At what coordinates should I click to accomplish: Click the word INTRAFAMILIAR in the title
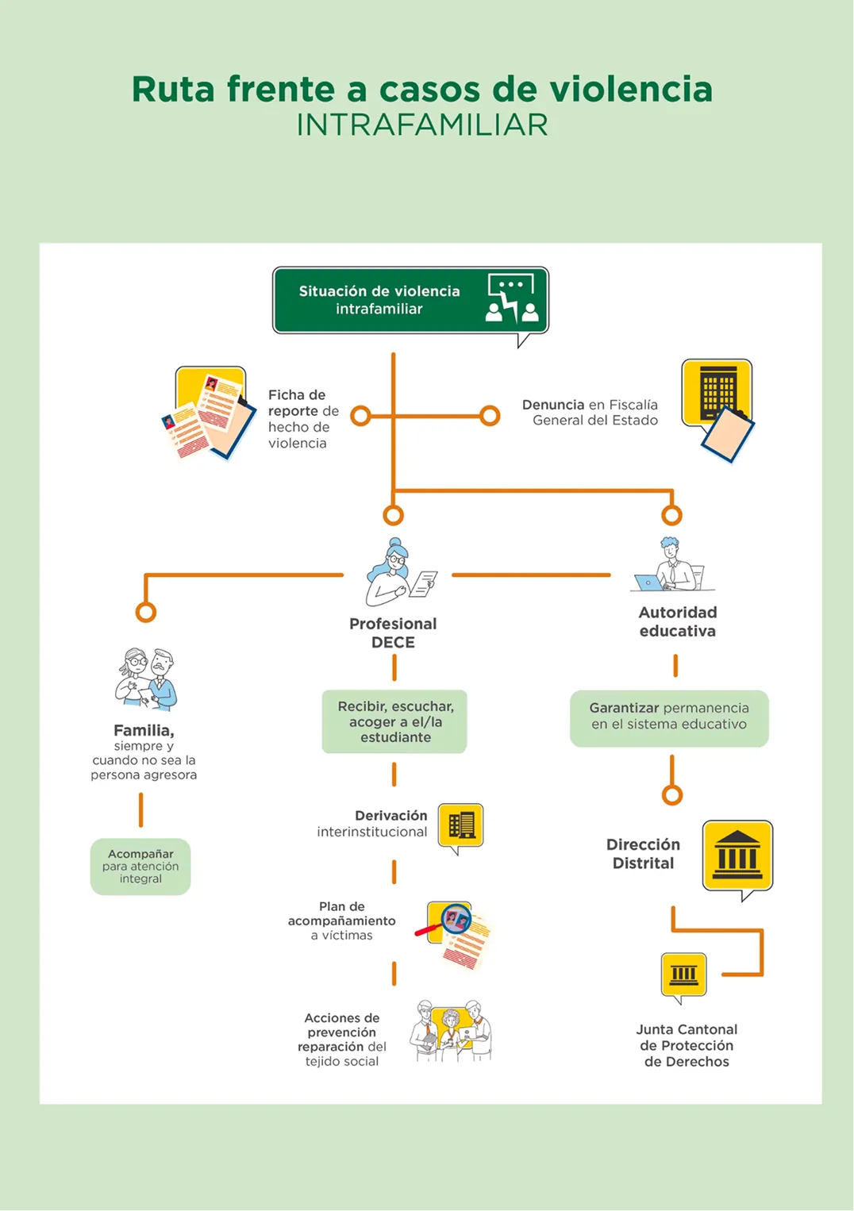click(x=422, y=125)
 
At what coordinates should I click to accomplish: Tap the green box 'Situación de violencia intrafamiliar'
click(x=410, y=301)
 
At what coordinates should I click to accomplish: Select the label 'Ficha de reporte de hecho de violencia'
click(x=303, y=419)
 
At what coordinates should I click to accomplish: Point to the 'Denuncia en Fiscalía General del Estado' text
click(x=590, y=413)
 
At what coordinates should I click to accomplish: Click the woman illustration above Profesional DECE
click(x=401, y=572)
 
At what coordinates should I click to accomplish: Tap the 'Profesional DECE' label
click(x=393, y=633)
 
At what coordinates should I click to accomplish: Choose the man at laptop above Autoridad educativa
click(x=672, y=564)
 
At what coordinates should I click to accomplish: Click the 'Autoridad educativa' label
click(x=677, y=621)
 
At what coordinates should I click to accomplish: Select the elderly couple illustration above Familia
click(x=146, y=679)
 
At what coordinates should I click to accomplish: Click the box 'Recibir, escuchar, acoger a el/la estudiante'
click(x=394, y=721)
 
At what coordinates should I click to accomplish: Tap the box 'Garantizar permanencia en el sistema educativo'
click(x=669, y=718)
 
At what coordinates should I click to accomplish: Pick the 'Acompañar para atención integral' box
click(x=140, y=867)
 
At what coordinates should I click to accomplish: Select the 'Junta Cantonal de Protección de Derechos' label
click(x=687, y=1045)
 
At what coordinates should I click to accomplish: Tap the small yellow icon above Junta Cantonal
click(x=683, y=976)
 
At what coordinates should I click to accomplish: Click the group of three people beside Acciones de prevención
click(x=451, y=1031)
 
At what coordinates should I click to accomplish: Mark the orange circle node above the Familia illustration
click(x=146, y=613)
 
